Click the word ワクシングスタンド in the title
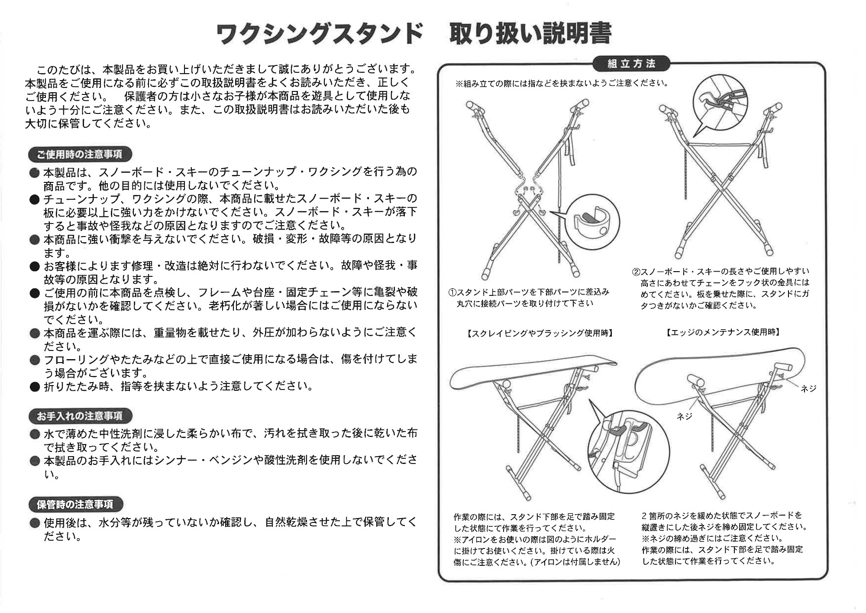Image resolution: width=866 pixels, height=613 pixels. click(319, 34)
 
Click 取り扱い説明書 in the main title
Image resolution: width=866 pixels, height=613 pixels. click(530, 33)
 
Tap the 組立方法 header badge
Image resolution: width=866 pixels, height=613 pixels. click(631, 64)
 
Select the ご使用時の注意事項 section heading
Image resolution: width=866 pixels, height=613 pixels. click(80, 154)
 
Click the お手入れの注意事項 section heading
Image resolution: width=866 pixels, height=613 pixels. click(80, 416)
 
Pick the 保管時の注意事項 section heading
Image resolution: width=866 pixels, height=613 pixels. click(75, 505)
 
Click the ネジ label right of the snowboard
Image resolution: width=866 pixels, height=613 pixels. click(808, 389)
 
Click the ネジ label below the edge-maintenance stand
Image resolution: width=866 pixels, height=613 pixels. click(685, 416)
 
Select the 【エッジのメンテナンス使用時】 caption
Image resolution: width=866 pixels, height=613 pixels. click(723, 332)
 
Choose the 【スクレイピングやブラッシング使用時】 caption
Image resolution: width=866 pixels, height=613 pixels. click(540, 333)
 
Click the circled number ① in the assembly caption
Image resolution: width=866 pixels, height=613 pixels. click(453, 292)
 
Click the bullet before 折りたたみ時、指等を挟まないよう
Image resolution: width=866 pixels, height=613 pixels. click(35, 387)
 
